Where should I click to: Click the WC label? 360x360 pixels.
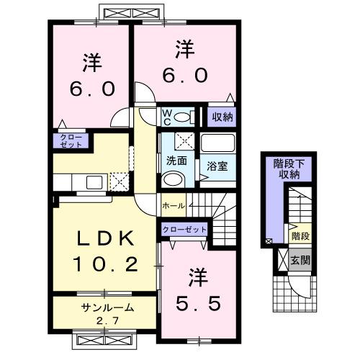pos(166,115)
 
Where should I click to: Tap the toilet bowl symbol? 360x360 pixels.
pos(182,117)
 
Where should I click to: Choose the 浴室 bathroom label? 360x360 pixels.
pos(218,166)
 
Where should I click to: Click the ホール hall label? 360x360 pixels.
pos(174,205)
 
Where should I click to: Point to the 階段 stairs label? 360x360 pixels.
pos(300,236)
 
